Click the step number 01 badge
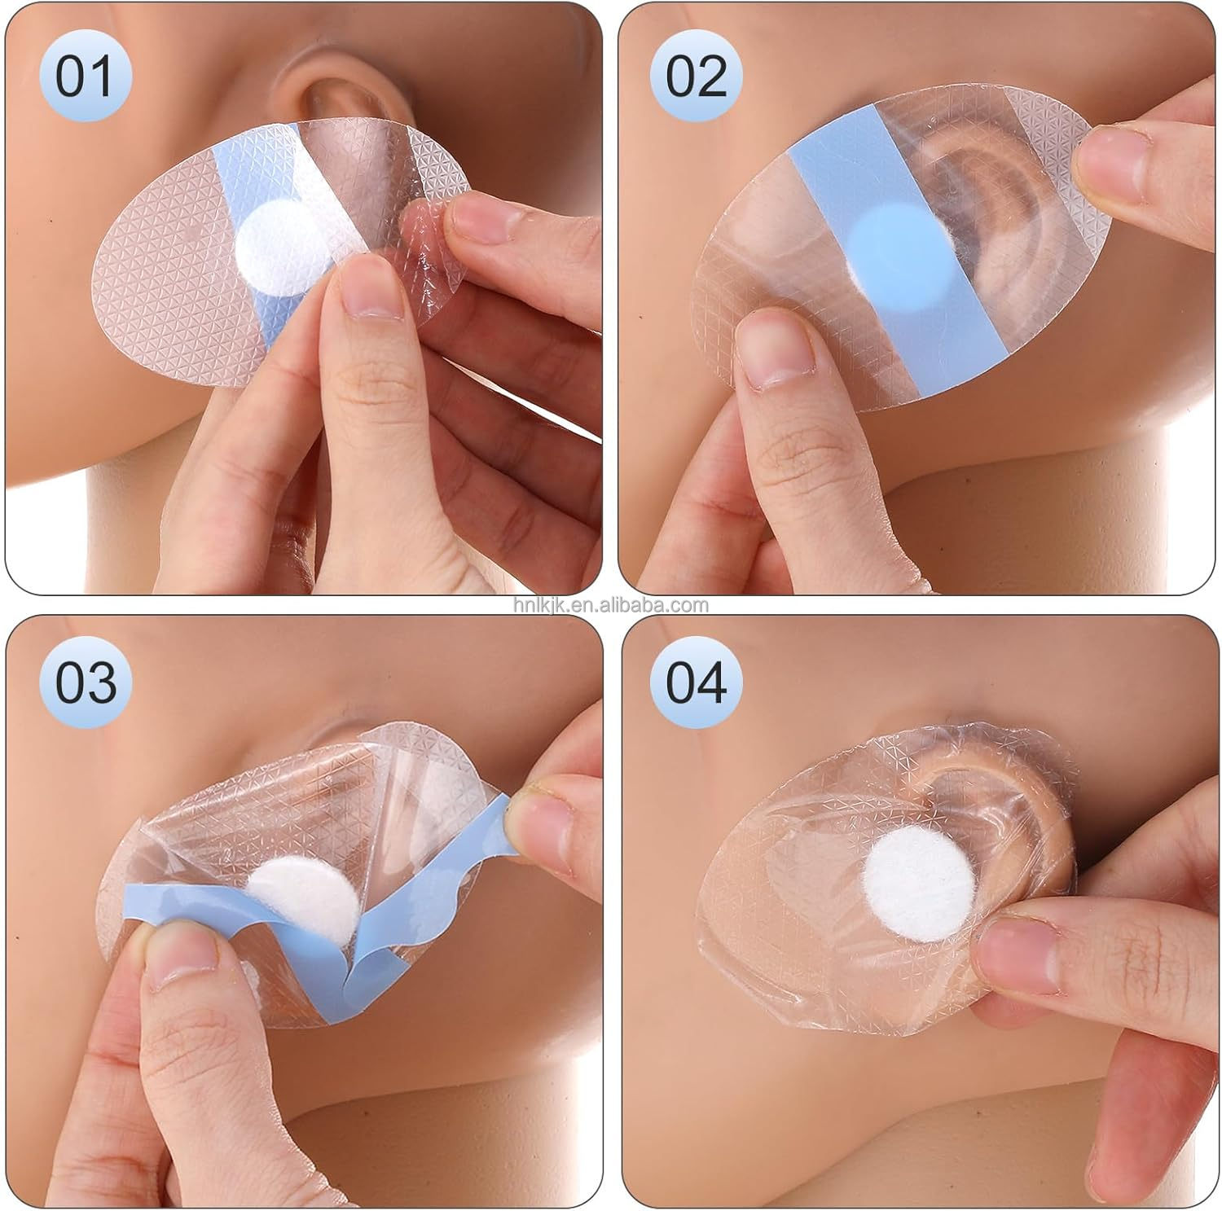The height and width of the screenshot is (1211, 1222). (x=85, y=77)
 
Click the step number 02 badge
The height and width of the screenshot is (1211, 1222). (x=697, y=77)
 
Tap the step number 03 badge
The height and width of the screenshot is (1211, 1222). (x=85, y=682)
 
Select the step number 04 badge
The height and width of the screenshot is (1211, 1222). (x=697, y=682)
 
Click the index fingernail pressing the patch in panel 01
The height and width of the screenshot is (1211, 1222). (x=370, y=289)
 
